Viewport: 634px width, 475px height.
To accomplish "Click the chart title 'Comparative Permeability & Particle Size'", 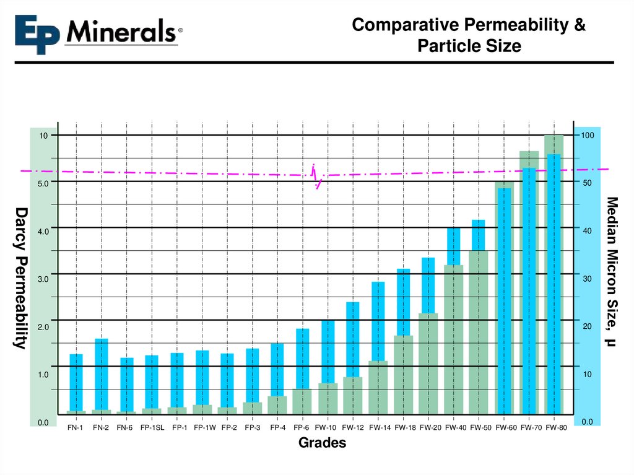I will coord(468,35).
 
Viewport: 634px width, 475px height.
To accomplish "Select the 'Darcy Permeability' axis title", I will coord(20,278).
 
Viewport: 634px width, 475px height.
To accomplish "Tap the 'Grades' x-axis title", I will coord(322,443).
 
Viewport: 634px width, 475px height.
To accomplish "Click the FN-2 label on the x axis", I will coord(101,427).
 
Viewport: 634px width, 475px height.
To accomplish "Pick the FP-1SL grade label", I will coord(152,427).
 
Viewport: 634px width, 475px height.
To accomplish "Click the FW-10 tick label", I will coord(326,427).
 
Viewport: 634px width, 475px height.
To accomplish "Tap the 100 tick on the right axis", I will coord(587,136).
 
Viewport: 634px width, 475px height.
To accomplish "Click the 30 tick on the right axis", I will coord(587,279).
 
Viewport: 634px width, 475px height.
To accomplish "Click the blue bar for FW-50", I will coord(479,235).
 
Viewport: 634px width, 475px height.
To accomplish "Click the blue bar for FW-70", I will coord(529,291).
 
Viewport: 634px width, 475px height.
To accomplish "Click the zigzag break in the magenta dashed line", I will coord(316,176).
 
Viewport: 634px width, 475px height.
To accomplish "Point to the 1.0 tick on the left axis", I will coord(44,375).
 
